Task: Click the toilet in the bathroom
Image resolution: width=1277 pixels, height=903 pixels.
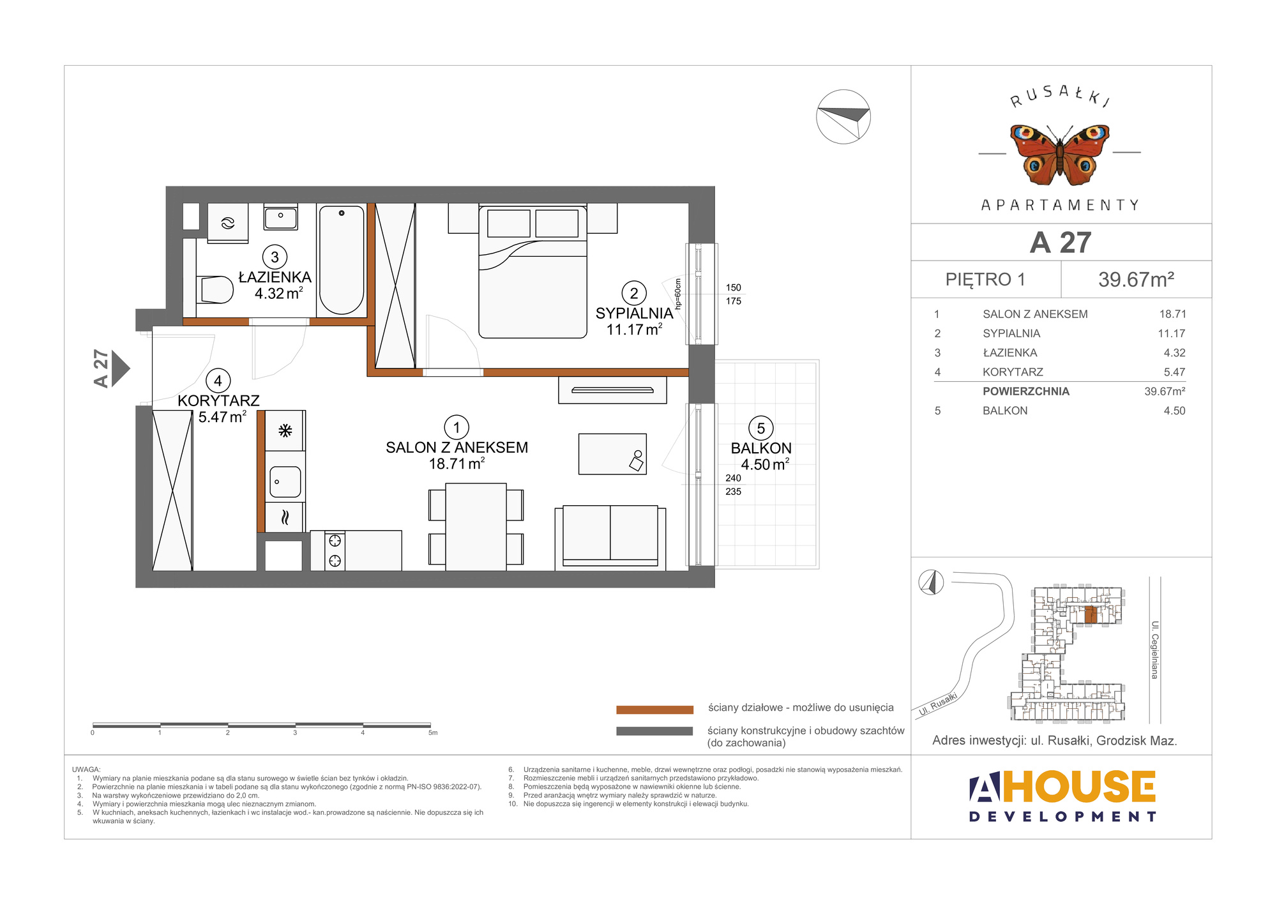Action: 216,290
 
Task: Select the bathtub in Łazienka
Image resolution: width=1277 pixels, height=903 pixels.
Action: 342,259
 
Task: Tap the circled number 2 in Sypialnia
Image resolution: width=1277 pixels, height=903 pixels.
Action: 634,293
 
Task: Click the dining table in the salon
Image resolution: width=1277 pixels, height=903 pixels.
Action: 476,527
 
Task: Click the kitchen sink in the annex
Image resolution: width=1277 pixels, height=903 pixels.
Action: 285,482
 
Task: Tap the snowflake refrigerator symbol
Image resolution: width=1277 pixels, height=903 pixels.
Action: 285,430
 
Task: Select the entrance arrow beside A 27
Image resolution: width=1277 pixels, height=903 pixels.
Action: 121,368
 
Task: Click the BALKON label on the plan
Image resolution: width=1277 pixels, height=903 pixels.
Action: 761,448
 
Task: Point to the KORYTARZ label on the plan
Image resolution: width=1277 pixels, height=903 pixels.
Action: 218,400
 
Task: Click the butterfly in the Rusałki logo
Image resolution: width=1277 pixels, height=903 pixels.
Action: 1060,153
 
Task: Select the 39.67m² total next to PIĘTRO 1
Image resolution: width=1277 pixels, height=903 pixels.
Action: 1137,279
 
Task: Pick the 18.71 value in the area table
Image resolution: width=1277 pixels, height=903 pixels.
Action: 1173,314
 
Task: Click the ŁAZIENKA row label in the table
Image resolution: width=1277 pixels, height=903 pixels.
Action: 1010,353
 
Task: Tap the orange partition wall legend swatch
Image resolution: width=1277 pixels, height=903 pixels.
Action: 654,709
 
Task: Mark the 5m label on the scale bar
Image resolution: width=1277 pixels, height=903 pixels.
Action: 433,732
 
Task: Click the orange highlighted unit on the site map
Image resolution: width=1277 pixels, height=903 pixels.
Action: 1091,615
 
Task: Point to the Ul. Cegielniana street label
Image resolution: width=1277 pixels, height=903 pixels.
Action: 1154,649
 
